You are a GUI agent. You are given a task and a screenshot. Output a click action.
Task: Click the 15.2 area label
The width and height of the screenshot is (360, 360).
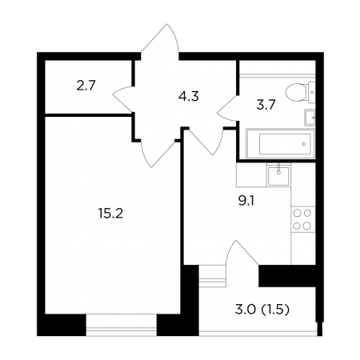[x=110, y=214]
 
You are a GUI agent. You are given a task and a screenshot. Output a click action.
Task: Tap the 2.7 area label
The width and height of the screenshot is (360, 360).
[x=86, y=86]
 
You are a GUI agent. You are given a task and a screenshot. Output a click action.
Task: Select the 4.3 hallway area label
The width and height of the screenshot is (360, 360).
[x=189, y=96]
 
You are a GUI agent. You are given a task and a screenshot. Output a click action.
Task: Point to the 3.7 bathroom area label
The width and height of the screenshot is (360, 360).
[x=266, y=105]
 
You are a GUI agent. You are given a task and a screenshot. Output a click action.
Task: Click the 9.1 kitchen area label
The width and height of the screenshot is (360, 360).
[x=246, y=201]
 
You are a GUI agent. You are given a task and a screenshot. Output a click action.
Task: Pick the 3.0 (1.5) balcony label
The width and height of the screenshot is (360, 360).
[x=262, y=310]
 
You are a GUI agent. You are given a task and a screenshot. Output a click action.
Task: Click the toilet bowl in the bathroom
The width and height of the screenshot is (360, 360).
[x=297, y=92]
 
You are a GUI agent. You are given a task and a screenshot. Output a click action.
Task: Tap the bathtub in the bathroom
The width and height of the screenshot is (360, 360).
[x=281, y=144]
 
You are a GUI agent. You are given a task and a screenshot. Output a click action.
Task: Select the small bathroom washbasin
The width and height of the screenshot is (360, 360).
[x=310, y=118]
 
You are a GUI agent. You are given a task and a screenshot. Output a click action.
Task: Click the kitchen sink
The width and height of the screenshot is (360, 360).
[x=278, y=175]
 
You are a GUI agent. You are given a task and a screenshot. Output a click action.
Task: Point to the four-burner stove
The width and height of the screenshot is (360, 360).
[x=302, y=219]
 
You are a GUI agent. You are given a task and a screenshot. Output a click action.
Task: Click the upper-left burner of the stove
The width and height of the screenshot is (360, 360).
[x=297, y=213]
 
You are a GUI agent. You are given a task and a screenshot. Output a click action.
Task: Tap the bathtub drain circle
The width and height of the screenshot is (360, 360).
[x=304, y=144]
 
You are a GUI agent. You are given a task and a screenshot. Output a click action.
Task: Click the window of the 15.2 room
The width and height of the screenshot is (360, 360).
[x=122, y=325]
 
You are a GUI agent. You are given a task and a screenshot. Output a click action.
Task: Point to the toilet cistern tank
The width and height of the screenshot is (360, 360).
[x=312, y=93]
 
